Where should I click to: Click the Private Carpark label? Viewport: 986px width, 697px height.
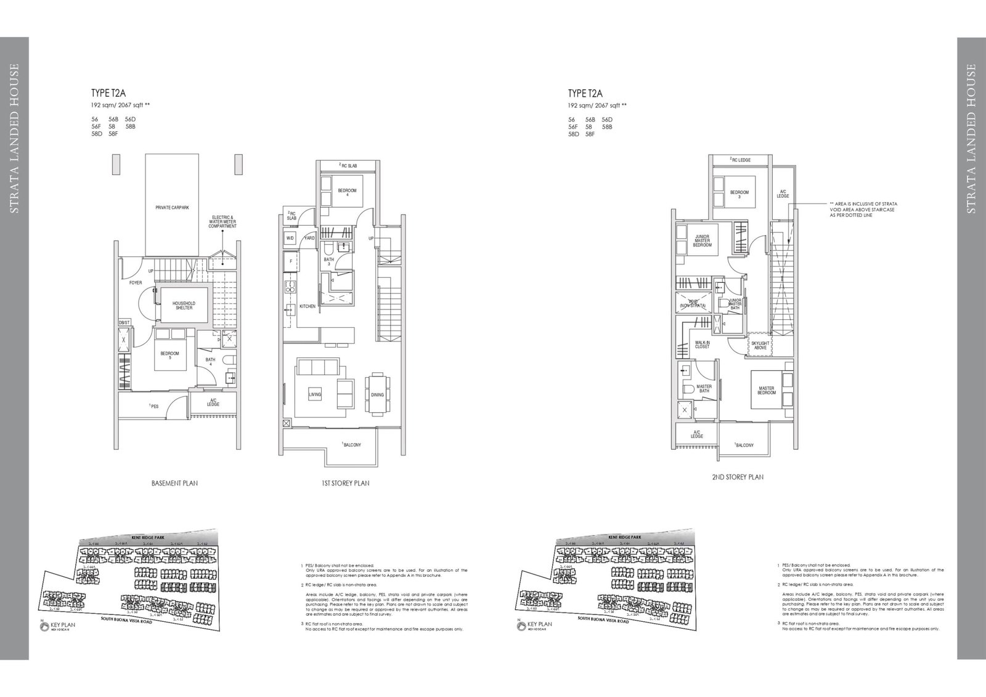coord(172,208)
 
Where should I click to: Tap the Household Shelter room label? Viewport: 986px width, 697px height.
coord(184,306)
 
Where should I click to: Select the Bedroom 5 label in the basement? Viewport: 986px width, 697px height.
coord(169,356)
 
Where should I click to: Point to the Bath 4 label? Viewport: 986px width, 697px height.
coord(210,362)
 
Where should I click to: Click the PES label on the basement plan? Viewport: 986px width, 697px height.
coord(153,406)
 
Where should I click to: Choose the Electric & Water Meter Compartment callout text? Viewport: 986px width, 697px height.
coord(223,222)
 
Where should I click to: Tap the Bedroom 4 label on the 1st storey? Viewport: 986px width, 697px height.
coord(347,194)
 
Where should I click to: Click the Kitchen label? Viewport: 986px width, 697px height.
coord(308,306)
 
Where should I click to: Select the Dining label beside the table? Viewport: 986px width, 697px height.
coord(377,395)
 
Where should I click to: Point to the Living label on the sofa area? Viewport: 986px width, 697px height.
coord(314,394)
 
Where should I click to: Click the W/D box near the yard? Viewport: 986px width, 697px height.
coord(290,238)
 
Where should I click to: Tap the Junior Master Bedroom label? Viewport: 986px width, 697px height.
coord(703,241)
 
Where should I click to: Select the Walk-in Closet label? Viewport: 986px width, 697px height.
coord(703,344)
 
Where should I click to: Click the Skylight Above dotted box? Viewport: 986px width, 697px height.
coord(760,345)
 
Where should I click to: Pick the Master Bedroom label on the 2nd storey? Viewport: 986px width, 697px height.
coord(767,391)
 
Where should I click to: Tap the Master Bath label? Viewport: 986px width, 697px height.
coord(704,389)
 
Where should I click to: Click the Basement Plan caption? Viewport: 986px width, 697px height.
coord(174,483)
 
